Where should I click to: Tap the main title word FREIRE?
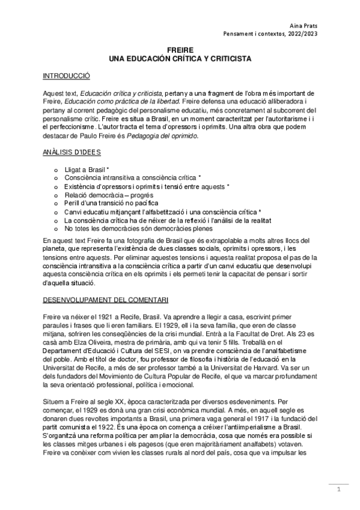point(180,52)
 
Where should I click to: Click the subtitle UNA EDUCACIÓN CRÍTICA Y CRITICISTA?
point(180,60)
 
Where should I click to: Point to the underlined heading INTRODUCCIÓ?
point(66,77)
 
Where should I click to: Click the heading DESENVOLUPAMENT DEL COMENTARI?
point(105,299)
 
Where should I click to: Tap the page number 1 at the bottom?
point(338,490)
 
